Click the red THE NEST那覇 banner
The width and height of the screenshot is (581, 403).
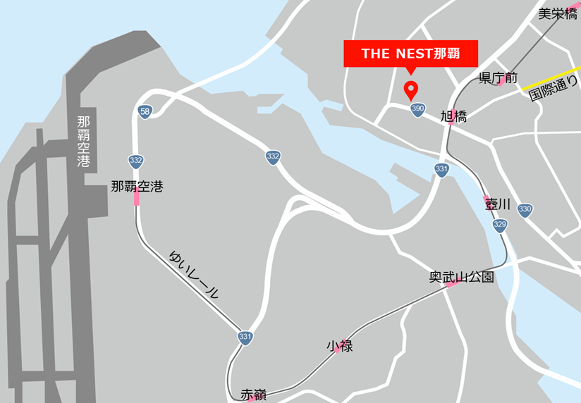click(x=410, y=54)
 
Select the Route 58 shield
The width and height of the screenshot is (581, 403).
click(x=145, y=112)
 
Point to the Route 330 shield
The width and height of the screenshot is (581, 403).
click(x=524, y=209)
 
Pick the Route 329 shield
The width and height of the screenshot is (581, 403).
click(x=499, y=225)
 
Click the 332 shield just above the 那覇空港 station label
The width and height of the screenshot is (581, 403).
click(x=135, y=161)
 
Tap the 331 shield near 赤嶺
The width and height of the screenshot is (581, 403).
click(x=245, y=337)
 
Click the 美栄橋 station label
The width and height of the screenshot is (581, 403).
click(x=557, y=13)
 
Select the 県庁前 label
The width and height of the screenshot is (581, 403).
click(x=498, y=77)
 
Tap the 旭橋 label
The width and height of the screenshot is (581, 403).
click(x=453, y=116)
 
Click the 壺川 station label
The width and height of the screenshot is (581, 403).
click(x=497, y=204)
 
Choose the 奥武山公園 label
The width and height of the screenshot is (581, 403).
click(x=461, y=277)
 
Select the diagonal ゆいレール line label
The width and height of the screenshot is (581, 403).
click(x=195, y=274)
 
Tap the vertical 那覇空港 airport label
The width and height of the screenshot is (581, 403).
click(x=84, y=141)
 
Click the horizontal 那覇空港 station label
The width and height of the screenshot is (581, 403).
click(x=137, y=187)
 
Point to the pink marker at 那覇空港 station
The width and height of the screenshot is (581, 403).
click(x=137, y=199)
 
